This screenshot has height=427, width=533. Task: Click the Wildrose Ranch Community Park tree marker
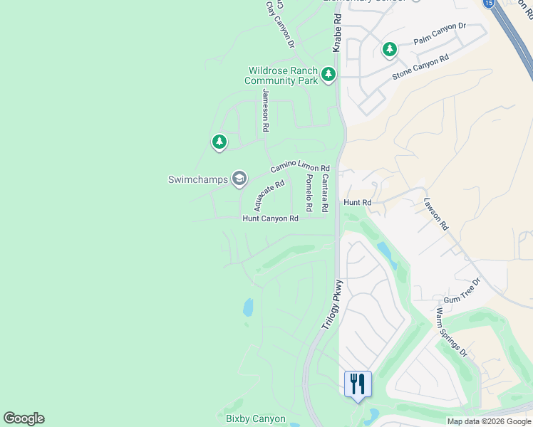tap(328, 74)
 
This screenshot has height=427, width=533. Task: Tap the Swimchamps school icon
tap(239, 179)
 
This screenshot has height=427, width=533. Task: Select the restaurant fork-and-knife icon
tap(357, 384)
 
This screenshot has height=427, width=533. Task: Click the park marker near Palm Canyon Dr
tap(389, 49)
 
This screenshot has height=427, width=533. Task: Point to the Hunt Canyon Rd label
tap(270, 218)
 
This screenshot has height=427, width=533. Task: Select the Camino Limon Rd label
tap(299, 167)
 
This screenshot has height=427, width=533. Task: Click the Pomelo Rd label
tap(309, 193)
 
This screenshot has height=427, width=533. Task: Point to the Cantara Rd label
tap(324, 194)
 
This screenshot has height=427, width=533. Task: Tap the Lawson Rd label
tap(435, 213)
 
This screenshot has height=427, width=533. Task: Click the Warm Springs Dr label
tap(451, 332)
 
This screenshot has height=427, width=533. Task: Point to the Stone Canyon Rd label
tap(420, 67)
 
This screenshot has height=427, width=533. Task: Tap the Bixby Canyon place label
tap(255, 419)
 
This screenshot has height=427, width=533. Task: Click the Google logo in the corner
tap(24, 418)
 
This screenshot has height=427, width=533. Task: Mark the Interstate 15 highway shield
tap(488, 4)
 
